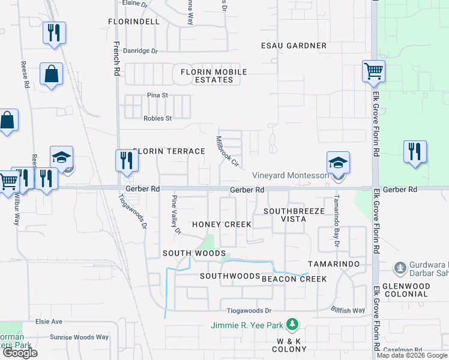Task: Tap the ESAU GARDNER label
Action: [294, 46]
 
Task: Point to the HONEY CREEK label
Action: [221, 224]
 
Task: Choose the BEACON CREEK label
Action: [294, 279]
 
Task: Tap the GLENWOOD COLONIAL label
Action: [406, 290]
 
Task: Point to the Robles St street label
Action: [157, 118]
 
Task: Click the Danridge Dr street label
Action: [140, 52]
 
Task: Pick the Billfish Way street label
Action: [348, 310]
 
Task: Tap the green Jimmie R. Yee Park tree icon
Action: [292, 325]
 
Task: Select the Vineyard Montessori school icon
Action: [338, 163]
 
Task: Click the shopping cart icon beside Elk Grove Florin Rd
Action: [373, 71]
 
